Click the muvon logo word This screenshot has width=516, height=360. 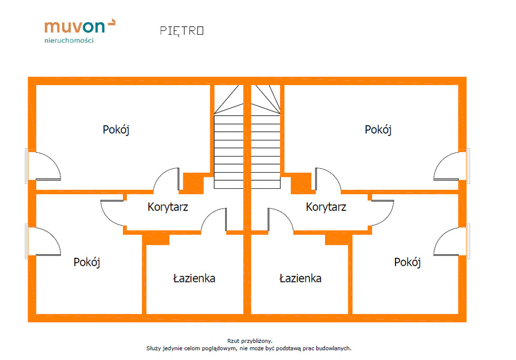76,27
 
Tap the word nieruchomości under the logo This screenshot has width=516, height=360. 69,41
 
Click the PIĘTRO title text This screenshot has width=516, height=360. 182,31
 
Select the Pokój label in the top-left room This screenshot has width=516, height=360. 116,129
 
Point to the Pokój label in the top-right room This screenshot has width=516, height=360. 378,129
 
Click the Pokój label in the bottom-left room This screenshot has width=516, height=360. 87,262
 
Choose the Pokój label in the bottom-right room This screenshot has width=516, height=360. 407,262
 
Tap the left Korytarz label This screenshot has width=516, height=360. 168,206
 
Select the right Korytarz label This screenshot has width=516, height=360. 326,206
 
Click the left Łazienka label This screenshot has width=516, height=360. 194,278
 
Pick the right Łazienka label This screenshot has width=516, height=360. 300,278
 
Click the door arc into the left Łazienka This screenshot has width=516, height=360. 213,220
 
